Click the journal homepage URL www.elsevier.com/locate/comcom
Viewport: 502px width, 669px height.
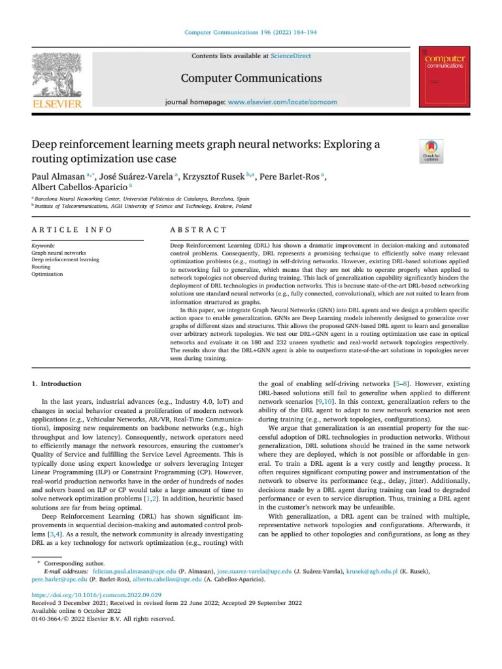click(x=282, y=103)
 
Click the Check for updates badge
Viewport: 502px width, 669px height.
click(x=431, y=152)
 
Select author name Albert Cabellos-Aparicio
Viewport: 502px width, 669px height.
click(x=73, y=188)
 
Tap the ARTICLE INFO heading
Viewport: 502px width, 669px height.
click(x=71, y=230)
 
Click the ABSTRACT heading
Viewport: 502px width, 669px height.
click(x=198, y=230)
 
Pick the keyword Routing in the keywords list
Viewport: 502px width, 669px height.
click(x=41, y=267)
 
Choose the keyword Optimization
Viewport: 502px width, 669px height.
click(x=47, y=274)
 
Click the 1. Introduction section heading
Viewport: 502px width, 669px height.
click(x=57, y=383)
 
